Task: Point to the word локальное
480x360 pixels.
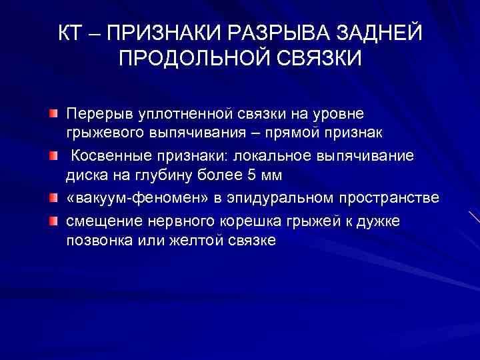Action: click(x=276, y=155)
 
